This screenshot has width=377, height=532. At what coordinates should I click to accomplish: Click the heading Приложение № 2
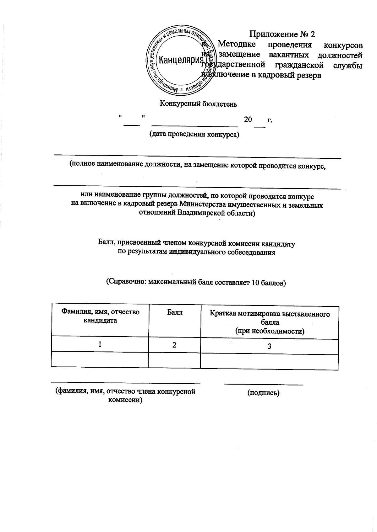click(282, 34)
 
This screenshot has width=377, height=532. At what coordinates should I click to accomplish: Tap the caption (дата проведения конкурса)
click(194, 135)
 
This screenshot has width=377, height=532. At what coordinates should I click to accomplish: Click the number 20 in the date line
click(248, 120)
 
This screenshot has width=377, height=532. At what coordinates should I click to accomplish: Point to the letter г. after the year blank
click(269, 120)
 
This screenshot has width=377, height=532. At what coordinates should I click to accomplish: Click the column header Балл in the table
click(174, 312)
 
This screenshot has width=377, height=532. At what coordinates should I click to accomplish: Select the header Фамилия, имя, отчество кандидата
click(100, 316)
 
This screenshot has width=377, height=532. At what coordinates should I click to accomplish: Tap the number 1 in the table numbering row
click(100, 344)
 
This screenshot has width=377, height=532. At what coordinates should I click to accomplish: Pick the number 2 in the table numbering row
click(174, 345)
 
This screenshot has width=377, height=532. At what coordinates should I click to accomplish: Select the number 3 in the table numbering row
click(269, 346)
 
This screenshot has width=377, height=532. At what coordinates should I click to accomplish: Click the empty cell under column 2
click(174, 360)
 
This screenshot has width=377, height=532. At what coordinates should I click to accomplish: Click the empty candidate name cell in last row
click(100, 359)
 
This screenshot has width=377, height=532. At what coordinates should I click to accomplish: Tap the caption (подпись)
click(263, 393)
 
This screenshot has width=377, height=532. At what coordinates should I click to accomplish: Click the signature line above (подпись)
click(263, 384)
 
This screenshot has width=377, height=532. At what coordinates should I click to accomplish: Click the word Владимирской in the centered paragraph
click(202, 214)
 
